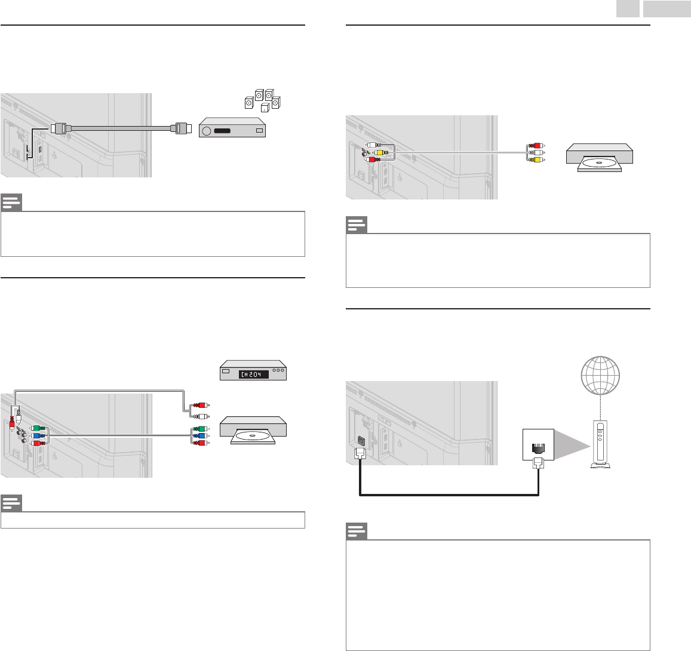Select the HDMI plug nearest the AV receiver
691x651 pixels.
click(x=180, y=127)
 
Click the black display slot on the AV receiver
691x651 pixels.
click(x=226, y=131)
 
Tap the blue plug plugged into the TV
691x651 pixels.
click(x=37, y=436)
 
